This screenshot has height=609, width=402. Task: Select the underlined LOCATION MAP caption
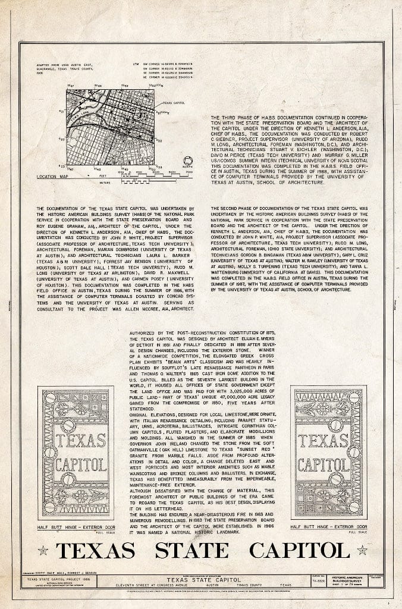point(50,177)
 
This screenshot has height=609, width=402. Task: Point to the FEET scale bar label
point(103,176)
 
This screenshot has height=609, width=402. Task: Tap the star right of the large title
point(362,550)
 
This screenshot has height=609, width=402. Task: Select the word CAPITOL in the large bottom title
point(299,550)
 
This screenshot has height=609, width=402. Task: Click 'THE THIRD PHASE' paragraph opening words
point(230,118)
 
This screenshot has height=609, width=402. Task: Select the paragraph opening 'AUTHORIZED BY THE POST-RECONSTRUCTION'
point(169,332)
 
